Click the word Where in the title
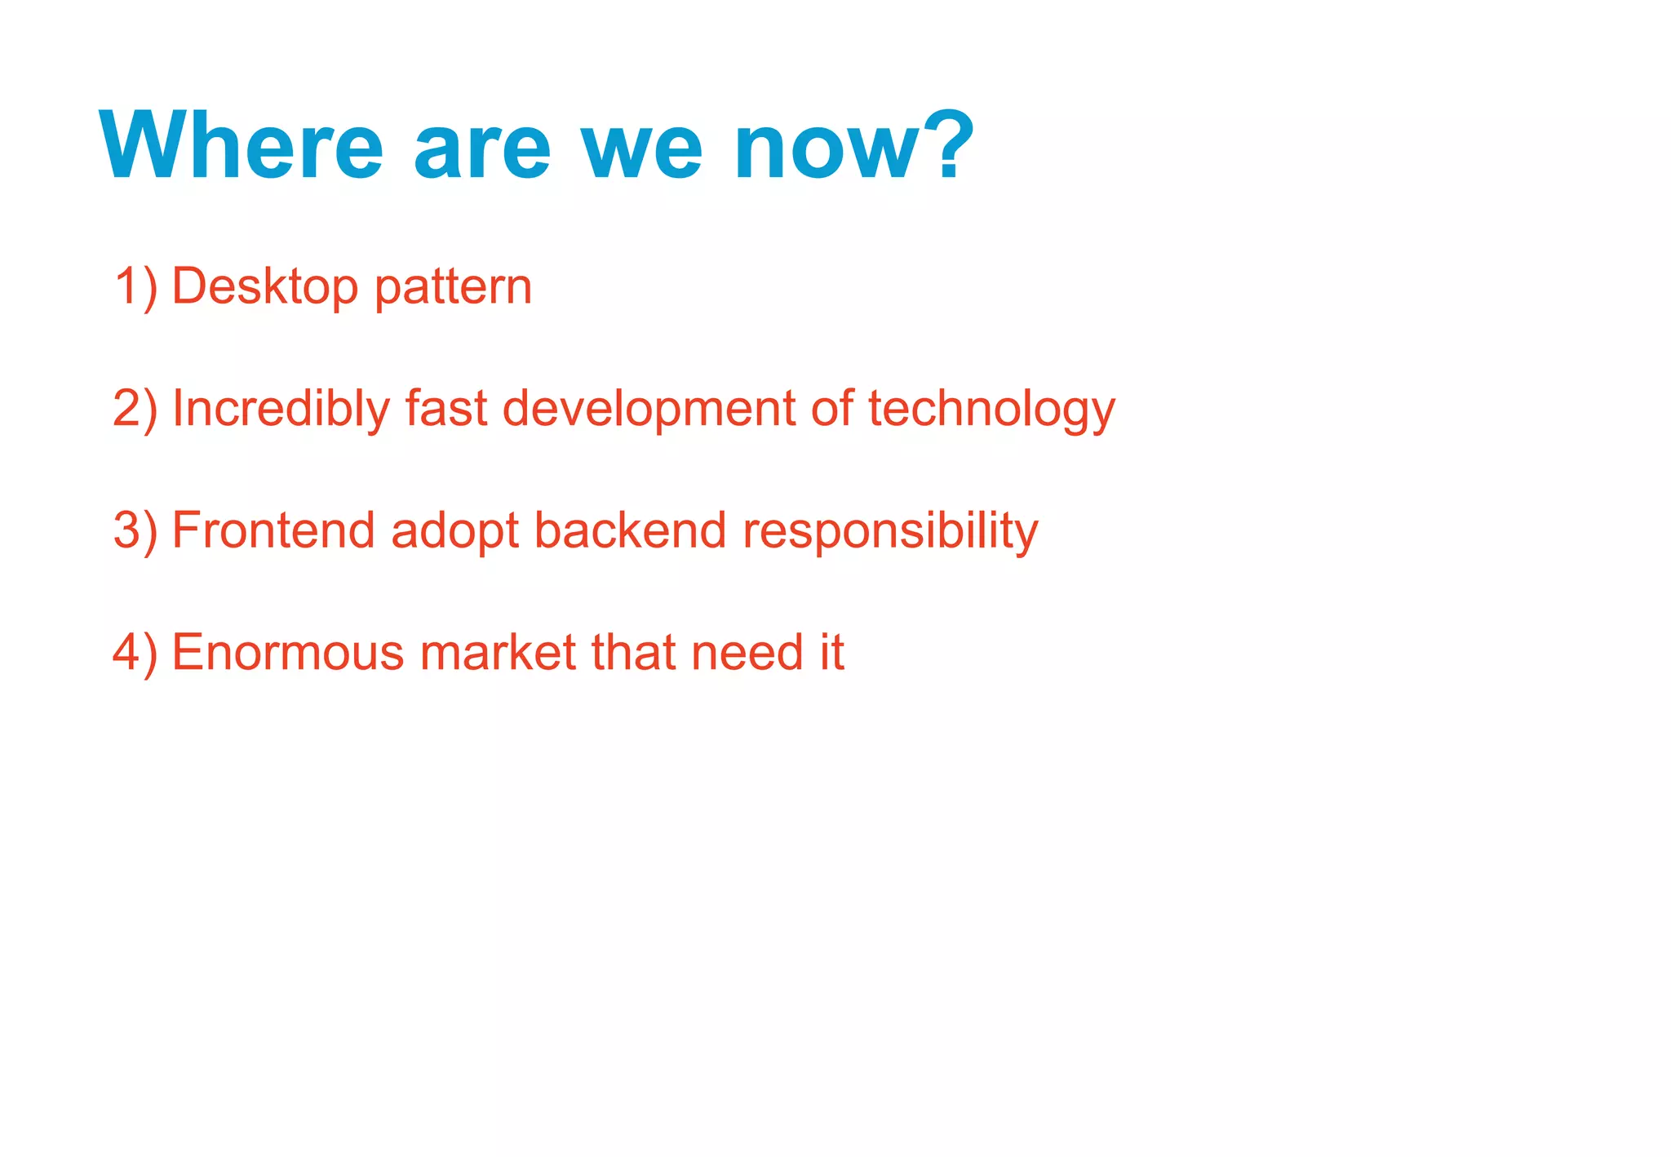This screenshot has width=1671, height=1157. [x=241, y=147]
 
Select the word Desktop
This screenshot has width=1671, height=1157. [x=265, y=287]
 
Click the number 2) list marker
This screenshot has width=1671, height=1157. [x=135, y=409]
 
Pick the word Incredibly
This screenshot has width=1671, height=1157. [x=281, y=409]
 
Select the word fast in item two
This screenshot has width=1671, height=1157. [x=446, y=408]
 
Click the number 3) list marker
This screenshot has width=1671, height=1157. [x=135, y=530]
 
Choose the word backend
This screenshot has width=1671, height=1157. [x=630, y=530]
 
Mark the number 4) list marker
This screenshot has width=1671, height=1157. [x=135, y=653]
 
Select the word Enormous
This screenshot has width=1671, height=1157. [x=288, y=653]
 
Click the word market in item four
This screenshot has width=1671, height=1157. [x=499, y=653]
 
